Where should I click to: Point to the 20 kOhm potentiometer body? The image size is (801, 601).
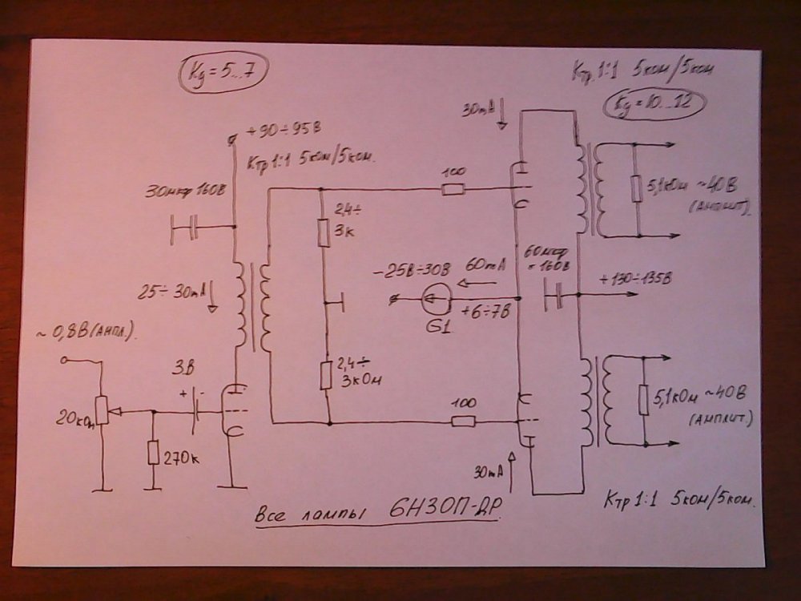click(x=101, y=409)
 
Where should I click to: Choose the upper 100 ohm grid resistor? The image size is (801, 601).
click(x=453, y=189)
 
